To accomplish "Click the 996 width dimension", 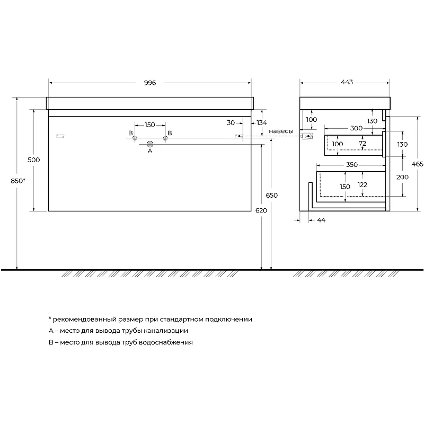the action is coord(150,83).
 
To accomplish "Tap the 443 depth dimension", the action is coord(347,82).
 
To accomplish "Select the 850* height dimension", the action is coord(18,181).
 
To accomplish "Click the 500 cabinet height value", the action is coord(33,160).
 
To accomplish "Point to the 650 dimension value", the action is coord(271,195).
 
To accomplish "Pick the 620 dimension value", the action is coord(261,210).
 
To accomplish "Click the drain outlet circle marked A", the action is coord(150,144).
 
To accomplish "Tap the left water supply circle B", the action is coord(135,138).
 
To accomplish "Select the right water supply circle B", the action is coord(165,138).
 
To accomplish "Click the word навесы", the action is coord(281,131).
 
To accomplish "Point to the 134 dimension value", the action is coord(262,123).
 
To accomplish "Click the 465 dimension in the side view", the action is coord(417,164).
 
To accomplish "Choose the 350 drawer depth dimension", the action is coord(352,165).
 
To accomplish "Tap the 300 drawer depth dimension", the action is coord(356,128).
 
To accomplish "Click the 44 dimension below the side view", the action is coord(321,220).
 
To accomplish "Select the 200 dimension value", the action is coord(402,177).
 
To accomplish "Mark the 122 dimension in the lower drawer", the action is coord(363,184).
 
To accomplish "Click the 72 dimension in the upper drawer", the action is coord(363,143).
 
